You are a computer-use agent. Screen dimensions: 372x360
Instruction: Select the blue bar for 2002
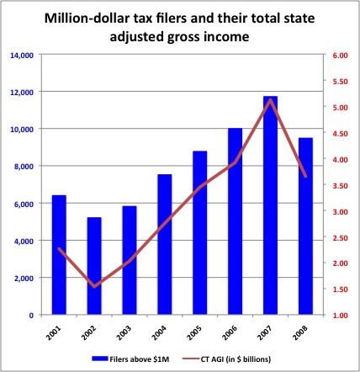pos(94,266)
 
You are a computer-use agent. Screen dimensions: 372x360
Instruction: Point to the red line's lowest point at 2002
pos(94,287)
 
